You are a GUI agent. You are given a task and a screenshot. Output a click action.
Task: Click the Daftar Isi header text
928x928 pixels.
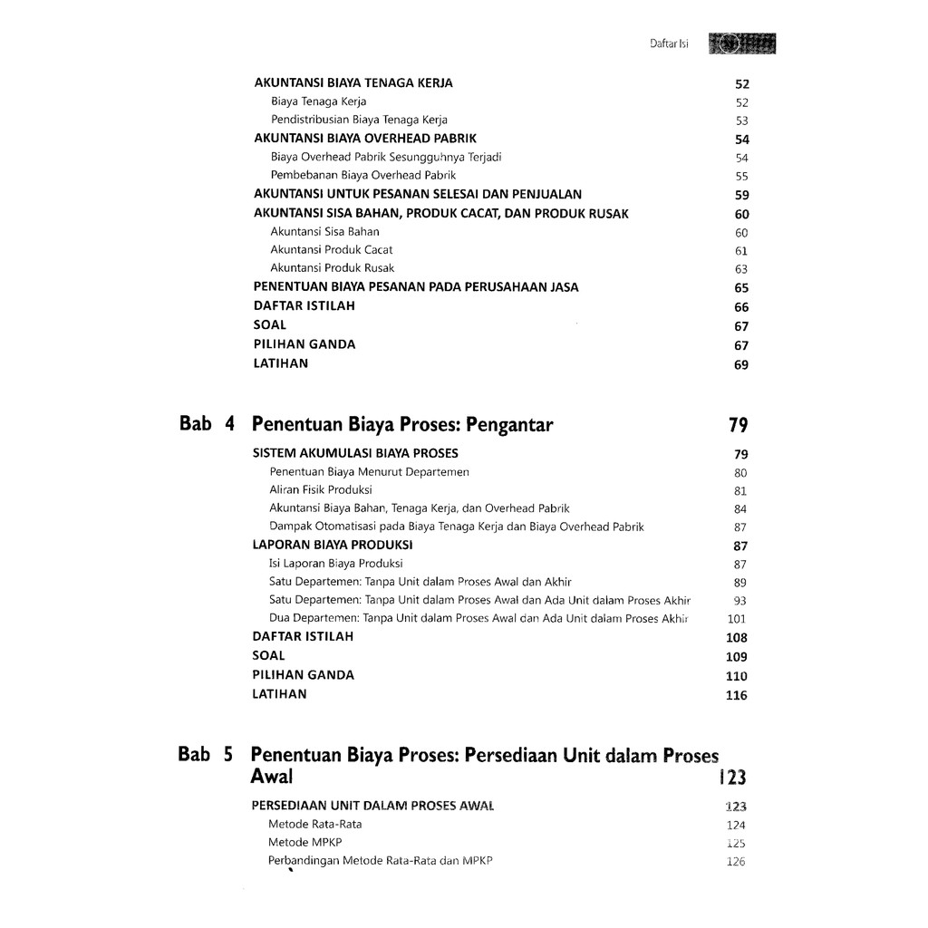click(669, 43)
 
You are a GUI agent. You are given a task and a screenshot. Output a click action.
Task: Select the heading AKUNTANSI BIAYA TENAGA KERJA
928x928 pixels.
click(353, 83)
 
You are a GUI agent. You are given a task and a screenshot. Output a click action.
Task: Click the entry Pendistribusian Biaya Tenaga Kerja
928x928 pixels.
click(359, 120)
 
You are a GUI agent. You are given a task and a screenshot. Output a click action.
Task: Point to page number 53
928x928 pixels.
click(742, 121)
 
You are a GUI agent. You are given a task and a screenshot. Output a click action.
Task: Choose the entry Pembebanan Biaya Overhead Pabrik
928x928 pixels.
click(362, 175)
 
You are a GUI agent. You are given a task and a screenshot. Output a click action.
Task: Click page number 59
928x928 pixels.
click(742, 195)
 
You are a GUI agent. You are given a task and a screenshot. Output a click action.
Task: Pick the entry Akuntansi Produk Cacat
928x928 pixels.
click(332, 249)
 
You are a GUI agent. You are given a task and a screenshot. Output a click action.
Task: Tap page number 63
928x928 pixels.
click(742, 269)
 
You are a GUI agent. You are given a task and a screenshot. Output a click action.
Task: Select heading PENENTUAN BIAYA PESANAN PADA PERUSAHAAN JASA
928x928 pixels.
click(416, 287)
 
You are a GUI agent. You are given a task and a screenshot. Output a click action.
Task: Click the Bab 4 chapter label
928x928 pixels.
click(208, 423)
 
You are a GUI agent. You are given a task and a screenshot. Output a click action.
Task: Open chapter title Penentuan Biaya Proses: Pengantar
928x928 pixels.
click(401, 423)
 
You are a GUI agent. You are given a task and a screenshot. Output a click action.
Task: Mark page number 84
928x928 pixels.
click(740, 509)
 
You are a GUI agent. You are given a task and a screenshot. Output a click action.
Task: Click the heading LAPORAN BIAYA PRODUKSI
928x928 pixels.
click(333, 546)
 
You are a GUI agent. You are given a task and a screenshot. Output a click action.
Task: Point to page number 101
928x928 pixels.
click(737, 620)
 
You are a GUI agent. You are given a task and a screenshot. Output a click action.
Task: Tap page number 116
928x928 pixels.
click(736, 696)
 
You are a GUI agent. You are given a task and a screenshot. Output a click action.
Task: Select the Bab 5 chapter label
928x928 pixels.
click(207, 753)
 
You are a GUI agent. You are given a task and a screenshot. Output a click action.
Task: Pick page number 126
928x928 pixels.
click(736, 862)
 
